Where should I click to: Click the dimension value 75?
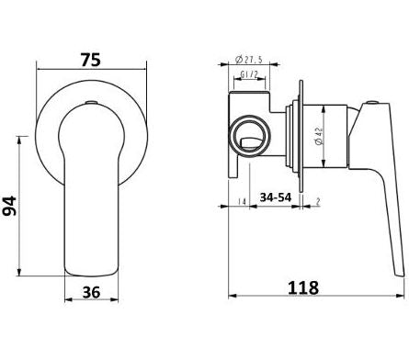point(91,60)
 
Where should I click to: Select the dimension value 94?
point(10,206)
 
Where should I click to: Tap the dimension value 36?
point(91,292)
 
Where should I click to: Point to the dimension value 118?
point(303,287)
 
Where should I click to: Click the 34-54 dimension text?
point(276,197)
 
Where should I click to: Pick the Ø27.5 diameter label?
point(248,60)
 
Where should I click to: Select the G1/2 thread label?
point(249,74)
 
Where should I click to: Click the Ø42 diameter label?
point(319,136)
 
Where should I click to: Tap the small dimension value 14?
point(242,202)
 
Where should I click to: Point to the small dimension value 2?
point(318,201)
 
